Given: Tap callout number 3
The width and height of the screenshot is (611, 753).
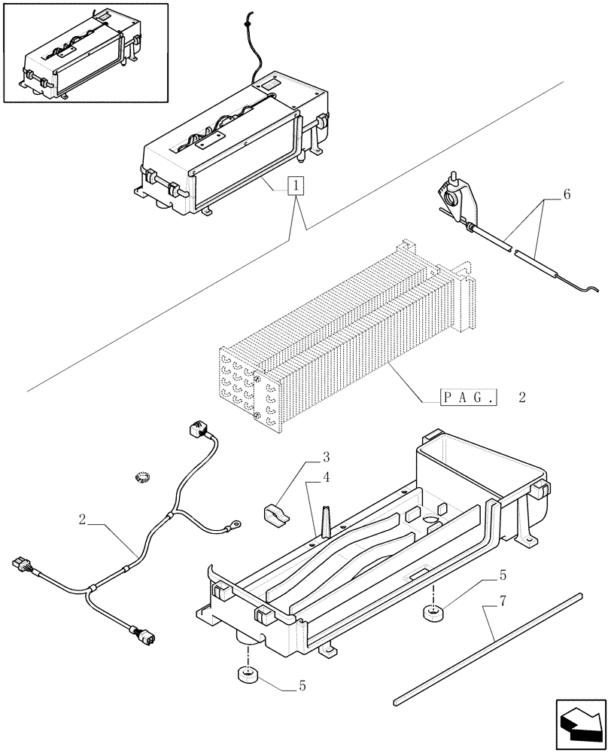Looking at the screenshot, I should (x=327, y=457).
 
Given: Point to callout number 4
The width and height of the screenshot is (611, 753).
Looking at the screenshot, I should (x=327, y=477).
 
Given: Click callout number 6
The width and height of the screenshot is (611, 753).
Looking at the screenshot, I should (x=566, y=194).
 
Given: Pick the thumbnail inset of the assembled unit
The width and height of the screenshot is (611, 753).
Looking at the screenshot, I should (x=84, y=52).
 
